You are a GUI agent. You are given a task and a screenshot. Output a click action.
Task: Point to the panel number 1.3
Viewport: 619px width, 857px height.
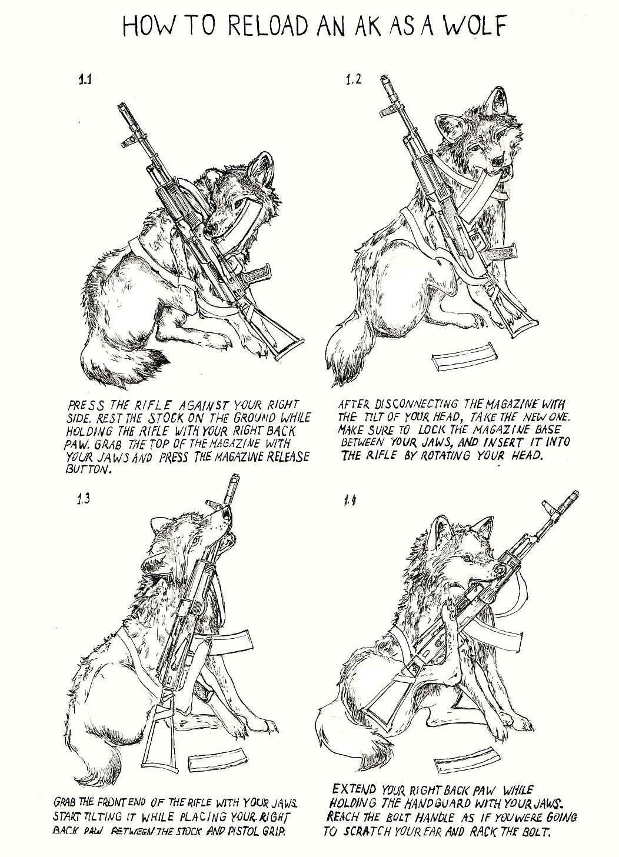coord(83,499)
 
